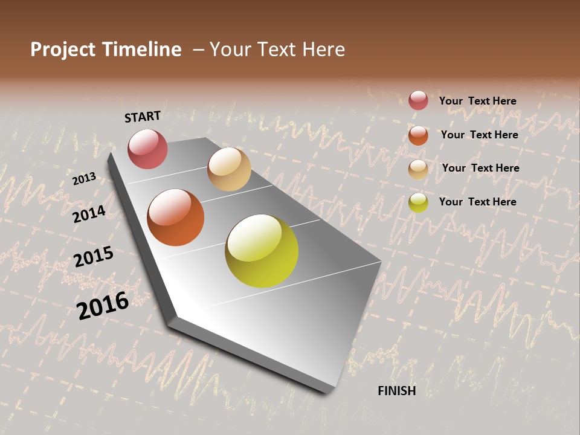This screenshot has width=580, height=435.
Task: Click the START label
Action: pos(143,117)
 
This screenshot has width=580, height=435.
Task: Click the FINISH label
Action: pos(396,391)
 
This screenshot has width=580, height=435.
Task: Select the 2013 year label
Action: pos(85,178)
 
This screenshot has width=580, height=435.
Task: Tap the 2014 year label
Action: pos(89,214)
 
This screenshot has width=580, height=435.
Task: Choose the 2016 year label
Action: pos(103,305)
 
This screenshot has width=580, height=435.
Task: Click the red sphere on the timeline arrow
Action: pos(147,149)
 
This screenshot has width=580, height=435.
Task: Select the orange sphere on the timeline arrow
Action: pos(176,217)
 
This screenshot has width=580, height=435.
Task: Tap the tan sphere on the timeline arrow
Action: pos(229,169)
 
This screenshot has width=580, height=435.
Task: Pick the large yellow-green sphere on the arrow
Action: pos(262,251)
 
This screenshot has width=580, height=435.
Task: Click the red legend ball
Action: pos(418,100)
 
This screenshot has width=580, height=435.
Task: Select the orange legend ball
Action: pos(418,135)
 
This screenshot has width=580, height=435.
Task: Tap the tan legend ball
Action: pos(418,169)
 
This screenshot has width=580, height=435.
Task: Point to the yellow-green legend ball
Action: pos(418,202)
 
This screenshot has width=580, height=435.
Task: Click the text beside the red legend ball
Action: pos(477,101)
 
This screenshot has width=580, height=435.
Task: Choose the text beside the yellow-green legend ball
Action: pos(477,202)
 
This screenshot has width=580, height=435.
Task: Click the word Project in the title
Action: pos(62,50)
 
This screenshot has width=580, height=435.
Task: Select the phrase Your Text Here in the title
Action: pos(277,50)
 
